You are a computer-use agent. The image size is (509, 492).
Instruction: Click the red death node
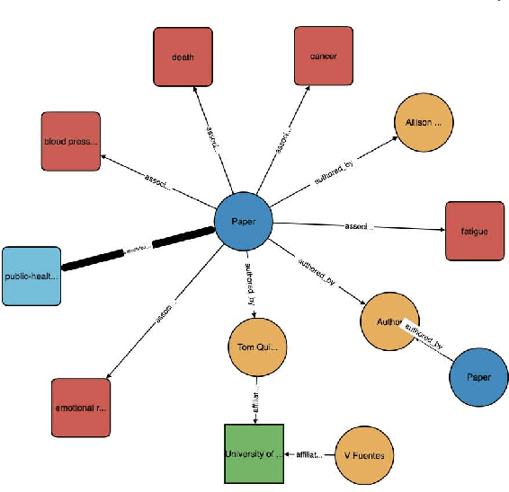coord(183,57)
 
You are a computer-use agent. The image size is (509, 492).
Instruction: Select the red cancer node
coord(325,57)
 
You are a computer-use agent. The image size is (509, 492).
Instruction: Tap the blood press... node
coord(70,141)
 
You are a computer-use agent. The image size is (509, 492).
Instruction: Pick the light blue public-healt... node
coord(31,276)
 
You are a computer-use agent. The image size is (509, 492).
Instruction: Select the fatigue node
coord(473,231)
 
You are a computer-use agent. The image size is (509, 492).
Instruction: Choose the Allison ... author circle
coord(423,123)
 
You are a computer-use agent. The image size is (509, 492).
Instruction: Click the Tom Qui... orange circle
coord(255,347)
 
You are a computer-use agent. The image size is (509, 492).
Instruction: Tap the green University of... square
coord(254,453)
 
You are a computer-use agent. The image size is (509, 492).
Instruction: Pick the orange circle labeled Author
coord(388,319)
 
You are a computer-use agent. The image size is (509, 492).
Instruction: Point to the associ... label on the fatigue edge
coord(356,226)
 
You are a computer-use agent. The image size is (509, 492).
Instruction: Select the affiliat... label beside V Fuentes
coord(309,455)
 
